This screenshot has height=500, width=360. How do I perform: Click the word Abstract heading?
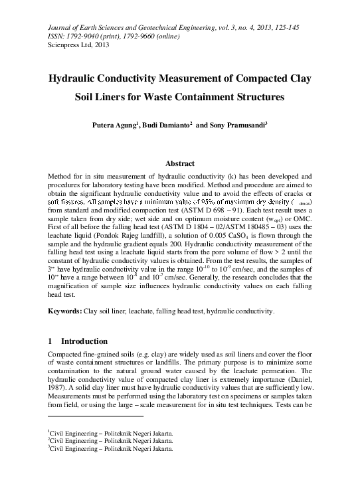coord(179,163)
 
